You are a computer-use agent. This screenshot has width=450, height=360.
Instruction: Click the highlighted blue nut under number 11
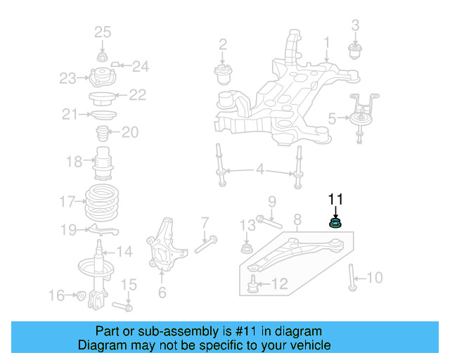pos(335,224)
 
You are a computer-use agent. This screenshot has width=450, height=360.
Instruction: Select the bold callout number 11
pos(335,198)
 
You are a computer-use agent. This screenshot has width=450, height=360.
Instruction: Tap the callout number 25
pos(103,32)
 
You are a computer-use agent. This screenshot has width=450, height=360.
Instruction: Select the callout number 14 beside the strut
pos(124,251)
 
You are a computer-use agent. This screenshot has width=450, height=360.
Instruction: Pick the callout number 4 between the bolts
pos(259,169)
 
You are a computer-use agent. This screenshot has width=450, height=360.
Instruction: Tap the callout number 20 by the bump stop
pos(130,132)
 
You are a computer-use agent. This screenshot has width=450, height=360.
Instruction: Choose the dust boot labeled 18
pos(104,163)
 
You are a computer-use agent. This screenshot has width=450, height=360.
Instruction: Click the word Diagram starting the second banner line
pos(101,345)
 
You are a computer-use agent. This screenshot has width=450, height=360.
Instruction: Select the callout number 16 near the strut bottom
pos(56,295)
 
